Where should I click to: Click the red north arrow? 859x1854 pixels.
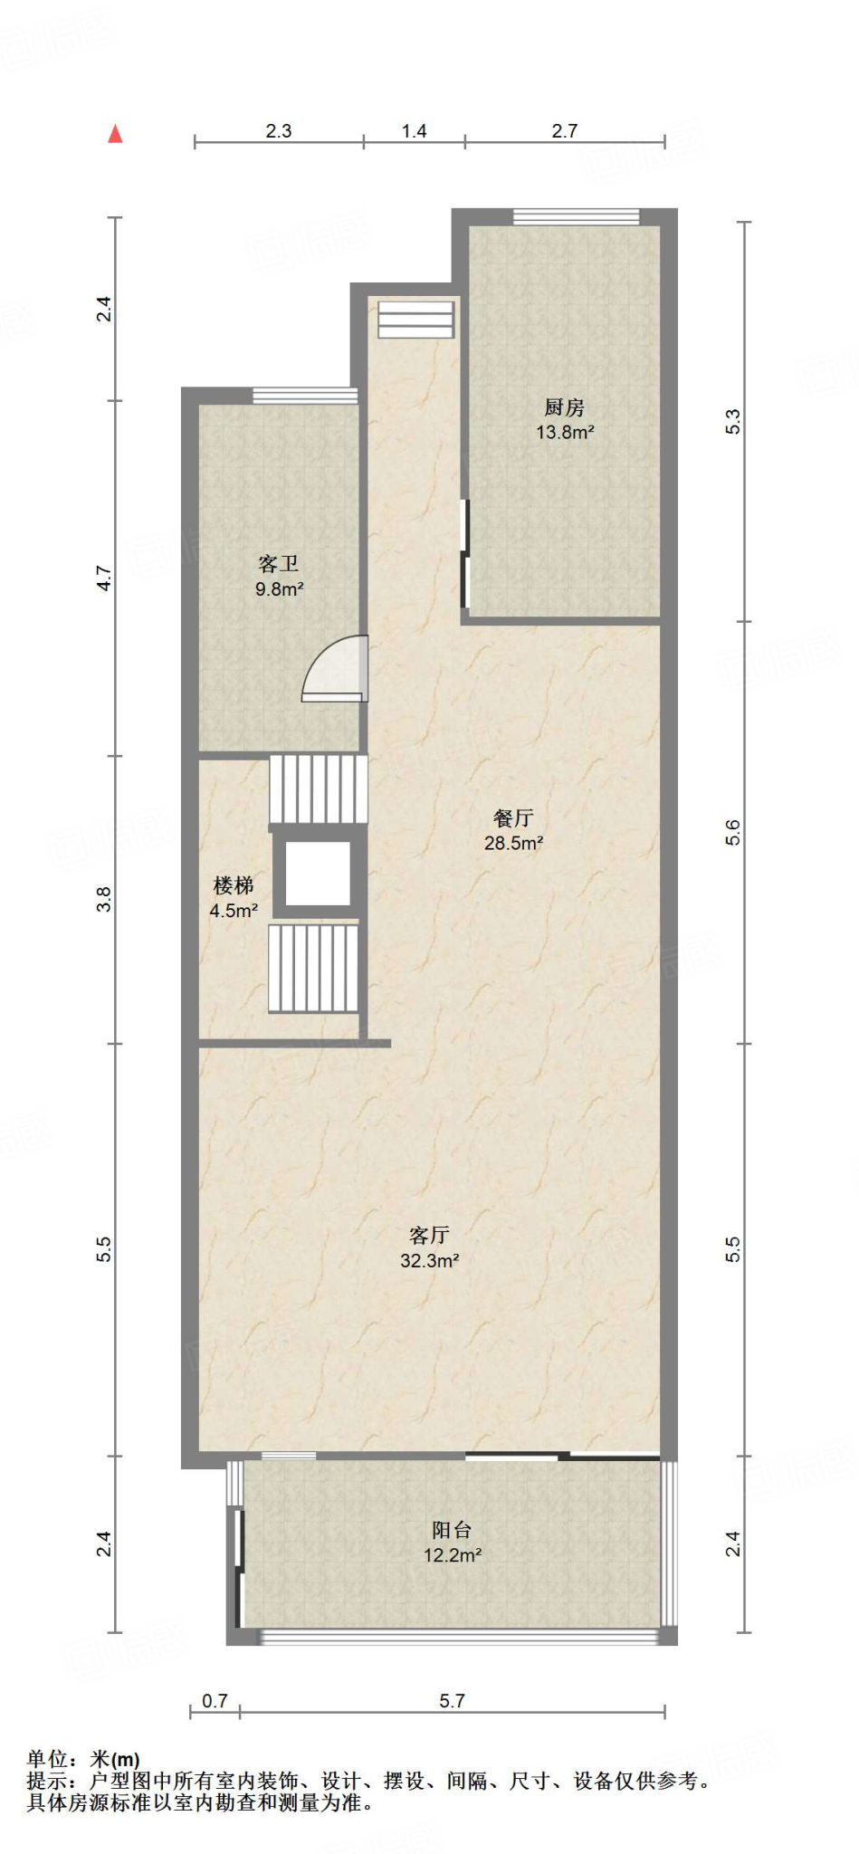115,134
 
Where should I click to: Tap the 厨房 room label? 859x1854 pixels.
564,407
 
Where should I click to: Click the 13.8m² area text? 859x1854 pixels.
565,433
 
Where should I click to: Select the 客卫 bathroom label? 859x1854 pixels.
278,564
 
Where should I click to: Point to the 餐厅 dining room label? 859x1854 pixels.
513,818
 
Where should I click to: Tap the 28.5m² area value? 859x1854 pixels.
513,844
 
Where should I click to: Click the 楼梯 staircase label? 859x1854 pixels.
233,885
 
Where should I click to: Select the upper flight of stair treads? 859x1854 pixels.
319,789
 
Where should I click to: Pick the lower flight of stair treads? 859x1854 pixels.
313,968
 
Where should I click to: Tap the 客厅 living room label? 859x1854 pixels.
429,1236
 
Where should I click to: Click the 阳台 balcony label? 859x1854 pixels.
452,1530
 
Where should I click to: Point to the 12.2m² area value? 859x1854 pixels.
453,1555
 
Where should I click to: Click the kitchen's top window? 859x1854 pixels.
576,216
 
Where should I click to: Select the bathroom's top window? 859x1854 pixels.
305,395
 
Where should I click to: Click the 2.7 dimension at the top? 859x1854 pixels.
564,131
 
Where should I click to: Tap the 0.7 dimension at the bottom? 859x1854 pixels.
215,1701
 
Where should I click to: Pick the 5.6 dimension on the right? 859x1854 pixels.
733,832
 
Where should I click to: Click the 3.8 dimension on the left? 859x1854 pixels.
105,899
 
